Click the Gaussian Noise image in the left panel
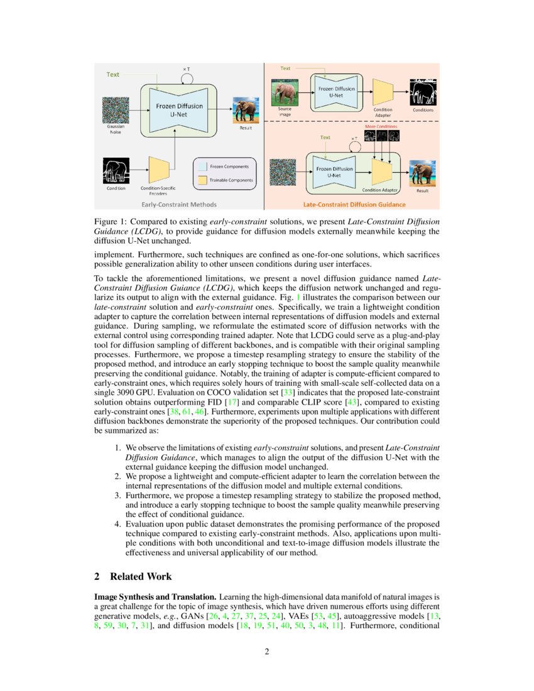[116, 109]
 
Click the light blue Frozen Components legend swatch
[202, 166]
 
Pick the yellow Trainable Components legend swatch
[202, 180]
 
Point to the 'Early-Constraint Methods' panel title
[179, 204]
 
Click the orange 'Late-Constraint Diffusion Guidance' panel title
[354, 204]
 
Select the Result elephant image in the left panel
[246, 109]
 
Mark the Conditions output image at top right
[422, 92]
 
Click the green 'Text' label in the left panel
[112, 74]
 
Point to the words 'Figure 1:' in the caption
[111, 222]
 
